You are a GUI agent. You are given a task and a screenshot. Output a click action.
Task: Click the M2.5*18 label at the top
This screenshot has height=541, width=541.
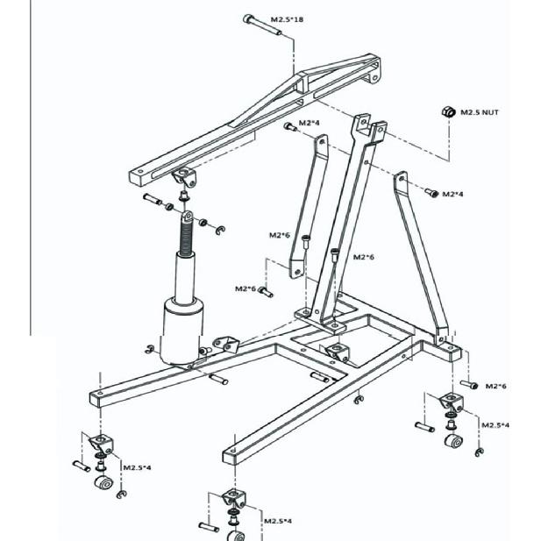coord(287,19)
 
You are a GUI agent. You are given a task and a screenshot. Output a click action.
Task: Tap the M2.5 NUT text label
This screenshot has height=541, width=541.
coord(480,112)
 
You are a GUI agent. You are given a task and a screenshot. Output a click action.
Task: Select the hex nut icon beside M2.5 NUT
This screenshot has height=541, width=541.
coord(448,111)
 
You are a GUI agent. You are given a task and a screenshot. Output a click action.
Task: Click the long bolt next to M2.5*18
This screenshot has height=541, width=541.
coord(262,25)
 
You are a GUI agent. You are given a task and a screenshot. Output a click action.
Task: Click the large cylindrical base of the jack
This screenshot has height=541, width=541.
coord(182,331)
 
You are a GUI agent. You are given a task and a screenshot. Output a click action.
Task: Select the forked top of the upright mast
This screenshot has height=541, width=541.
coord(369,128)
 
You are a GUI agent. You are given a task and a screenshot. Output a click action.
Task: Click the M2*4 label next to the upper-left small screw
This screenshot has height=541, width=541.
coord(310,123)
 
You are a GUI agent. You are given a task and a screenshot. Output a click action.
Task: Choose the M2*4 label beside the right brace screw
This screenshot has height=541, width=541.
coord(452,195)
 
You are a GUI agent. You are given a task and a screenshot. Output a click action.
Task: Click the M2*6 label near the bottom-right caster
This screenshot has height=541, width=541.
coord(495,386)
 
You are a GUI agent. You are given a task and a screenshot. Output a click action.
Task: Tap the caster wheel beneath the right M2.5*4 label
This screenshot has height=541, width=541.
coord(453,441)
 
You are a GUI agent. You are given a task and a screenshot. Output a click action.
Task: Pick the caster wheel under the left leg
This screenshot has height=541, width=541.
coord(103,482)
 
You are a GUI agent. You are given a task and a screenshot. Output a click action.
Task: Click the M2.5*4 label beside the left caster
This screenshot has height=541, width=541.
coord(137,468)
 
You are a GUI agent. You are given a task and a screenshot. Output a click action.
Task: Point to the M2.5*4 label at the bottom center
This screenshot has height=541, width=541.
coord(278,521)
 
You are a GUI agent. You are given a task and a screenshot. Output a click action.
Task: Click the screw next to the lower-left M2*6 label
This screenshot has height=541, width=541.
coord(266,292)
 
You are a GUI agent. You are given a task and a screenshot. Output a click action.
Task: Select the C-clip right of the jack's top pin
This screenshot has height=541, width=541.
coord(220,230)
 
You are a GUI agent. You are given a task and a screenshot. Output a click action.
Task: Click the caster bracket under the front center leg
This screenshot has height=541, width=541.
coord(234,499)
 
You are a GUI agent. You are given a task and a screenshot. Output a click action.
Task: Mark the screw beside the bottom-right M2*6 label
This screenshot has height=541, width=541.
coord(469,384)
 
